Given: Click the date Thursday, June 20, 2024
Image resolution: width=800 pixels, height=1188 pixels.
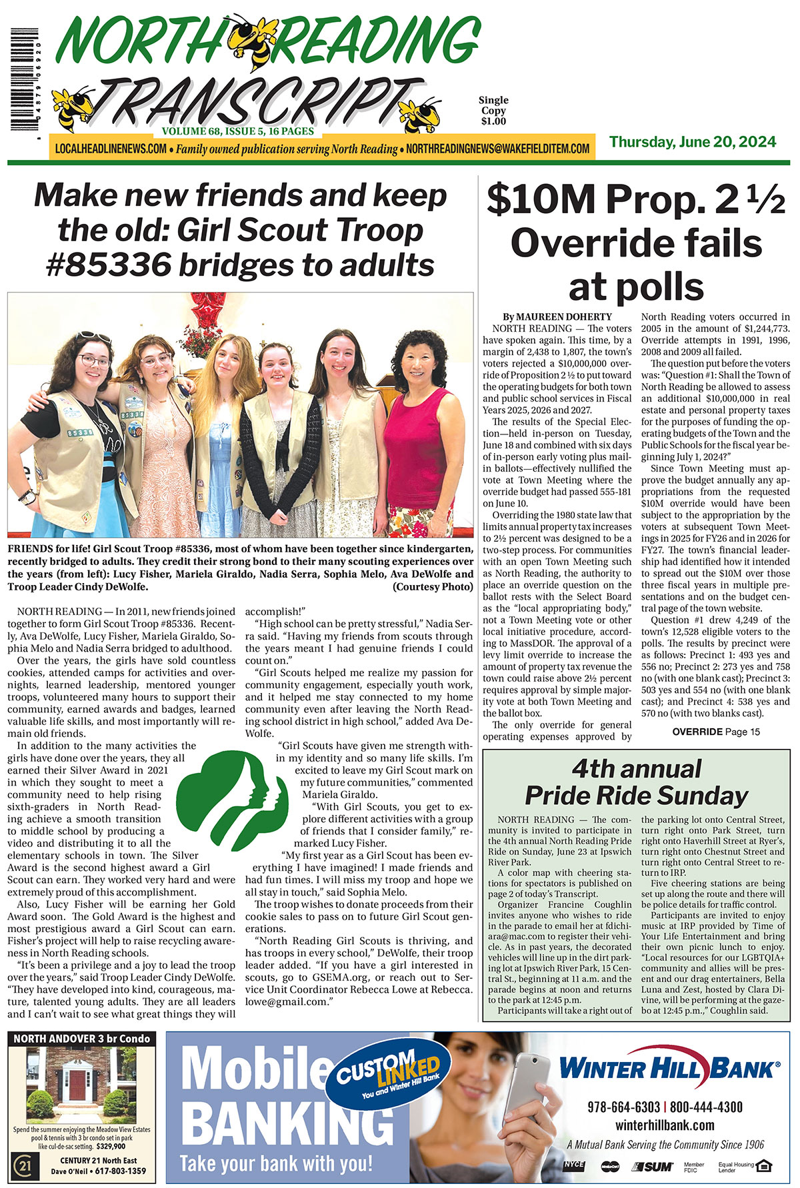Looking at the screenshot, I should (x=692, y=142).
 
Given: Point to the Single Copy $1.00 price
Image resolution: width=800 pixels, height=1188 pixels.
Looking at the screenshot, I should (x=493, y=111).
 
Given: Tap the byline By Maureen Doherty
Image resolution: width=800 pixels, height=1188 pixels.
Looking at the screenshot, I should (x=557, y=316).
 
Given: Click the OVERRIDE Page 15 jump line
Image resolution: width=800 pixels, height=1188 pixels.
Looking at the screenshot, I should (x=715, y=732).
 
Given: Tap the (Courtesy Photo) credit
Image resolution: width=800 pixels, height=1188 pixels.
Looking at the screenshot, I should (x=433, y=587).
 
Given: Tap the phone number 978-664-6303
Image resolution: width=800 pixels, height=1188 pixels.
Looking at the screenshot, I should (x=623, y=1107).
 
